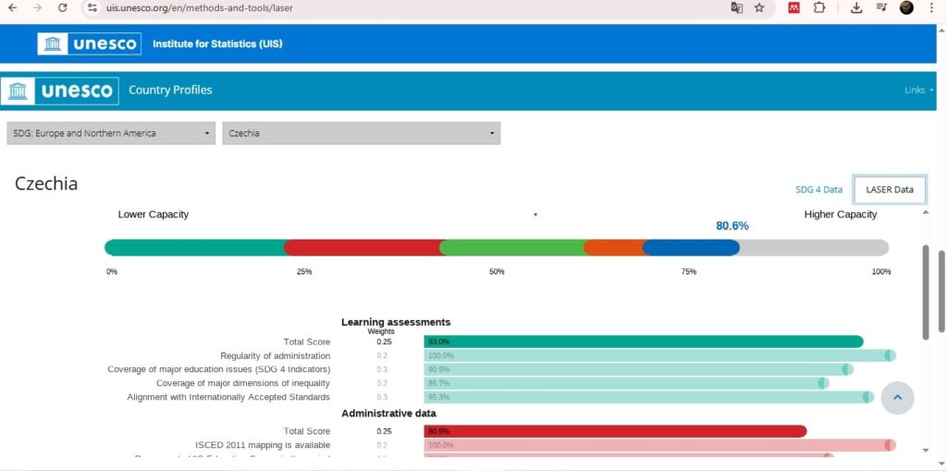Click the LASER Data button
pyautogui.click(x=889, y=190)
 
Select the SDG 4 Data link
pyautogui.click(x=818, y=190)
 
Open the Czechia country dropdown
pyautogui.click(x=361, y=133)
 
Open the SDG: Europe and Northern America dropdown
pyautogui.click(x=111, y=133)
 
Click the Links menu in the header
pyautogui.click(x=918, y=90)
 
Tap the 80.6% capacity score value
pyautogui.click(x=732, y=226)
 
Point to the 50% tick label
pyautogui.click(x=497, y=271)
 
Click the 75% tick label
pyautogui.click(x=689, y=271)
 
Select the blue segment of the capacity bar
pyautogui.click(x=691, y=247)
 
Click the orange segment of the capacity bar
pyautogui.click(x=615, y=247)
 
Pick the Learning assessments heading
pyautogui.click(x=396, y=322)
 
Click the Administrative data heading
pyautogui.click(x=388, y=413)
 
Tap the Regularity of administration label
pyautogui.click(x=275, y=355)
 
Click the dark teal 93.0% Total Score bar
pyautogui.click(x=643, y=341)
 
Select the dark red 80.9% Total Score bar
pyautogui.click(x=615, y=431)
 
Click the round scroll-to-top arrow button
pyautogui.click(x=897, y=397)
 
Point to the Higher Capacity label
pyautogui.click(x=840, y=215)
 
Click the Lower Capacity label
pyautogui.click(x=154, y=215)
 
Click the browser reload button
pyautogui.click(x=62, y=7)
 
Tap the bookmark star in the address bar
pyautogui.click(x=759, y=7)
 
